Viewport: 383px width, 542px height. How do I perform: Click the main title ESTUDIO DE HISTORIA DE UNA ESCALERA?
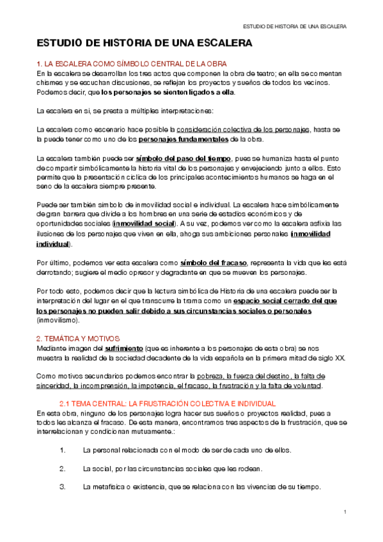(x=145, y=43)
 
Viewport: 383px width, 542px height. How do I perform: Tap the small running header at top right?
(x=296, y=27)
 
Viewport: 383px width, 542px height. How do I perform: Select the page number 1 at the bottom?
(x=345, y=513)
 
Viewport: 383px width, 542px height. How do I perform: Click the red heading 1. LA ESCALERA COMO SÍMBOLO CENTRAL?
(x=130, y=64)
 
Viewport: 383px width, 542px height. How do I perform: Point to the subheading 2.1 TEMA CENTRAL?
(x=167, y=404)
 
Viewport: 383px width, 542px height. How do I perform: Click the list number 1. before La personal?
(x=62, y=450)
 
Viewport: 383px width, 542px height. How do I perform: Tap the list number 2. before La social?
(x=62, y=468)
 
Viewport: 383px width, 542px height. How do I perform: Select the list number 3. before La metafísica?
(x=62, y=487)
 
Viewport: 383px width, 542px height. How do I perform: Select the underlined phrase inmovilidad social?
(x=143, y=224)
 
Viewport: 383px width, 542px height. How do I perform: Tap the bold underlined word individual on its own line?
(x=53, y=244)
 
